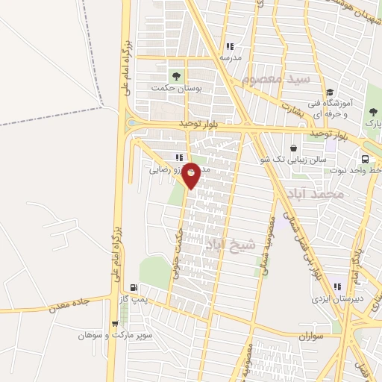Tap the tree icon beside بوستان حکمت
[x=177, y=75]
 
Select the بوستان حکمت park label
[x=177, y=87]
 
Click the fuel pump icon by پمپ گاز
[x=134, y=287]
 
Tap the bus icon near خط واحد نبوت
[x=365, y=159]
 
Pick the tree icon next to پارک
[x=372, y=113]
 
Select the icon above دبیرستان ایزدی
[x=337, y=286]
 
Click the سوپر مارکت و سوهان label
[x=113, y=336]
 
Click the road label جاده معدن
[x=69, y=304]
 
